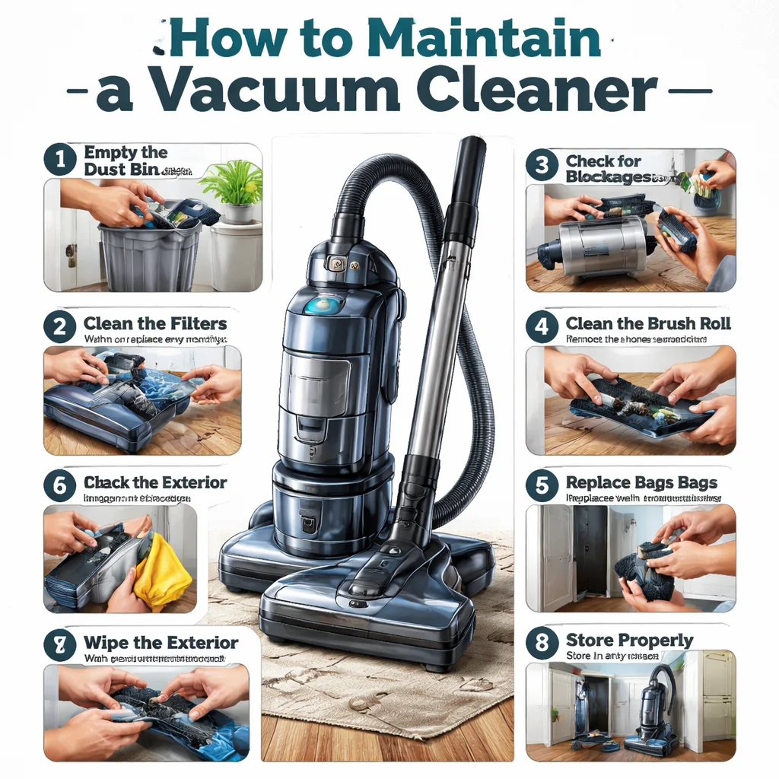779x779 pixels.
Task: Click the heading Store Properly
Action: click(629, 640)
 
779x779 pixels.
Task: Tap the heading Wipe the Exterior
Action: click(161, 643)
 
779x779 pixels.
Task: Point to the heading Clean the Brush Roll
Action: click(648, 323)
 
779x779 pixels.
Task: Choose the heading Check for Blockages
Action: click(609, 169)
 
